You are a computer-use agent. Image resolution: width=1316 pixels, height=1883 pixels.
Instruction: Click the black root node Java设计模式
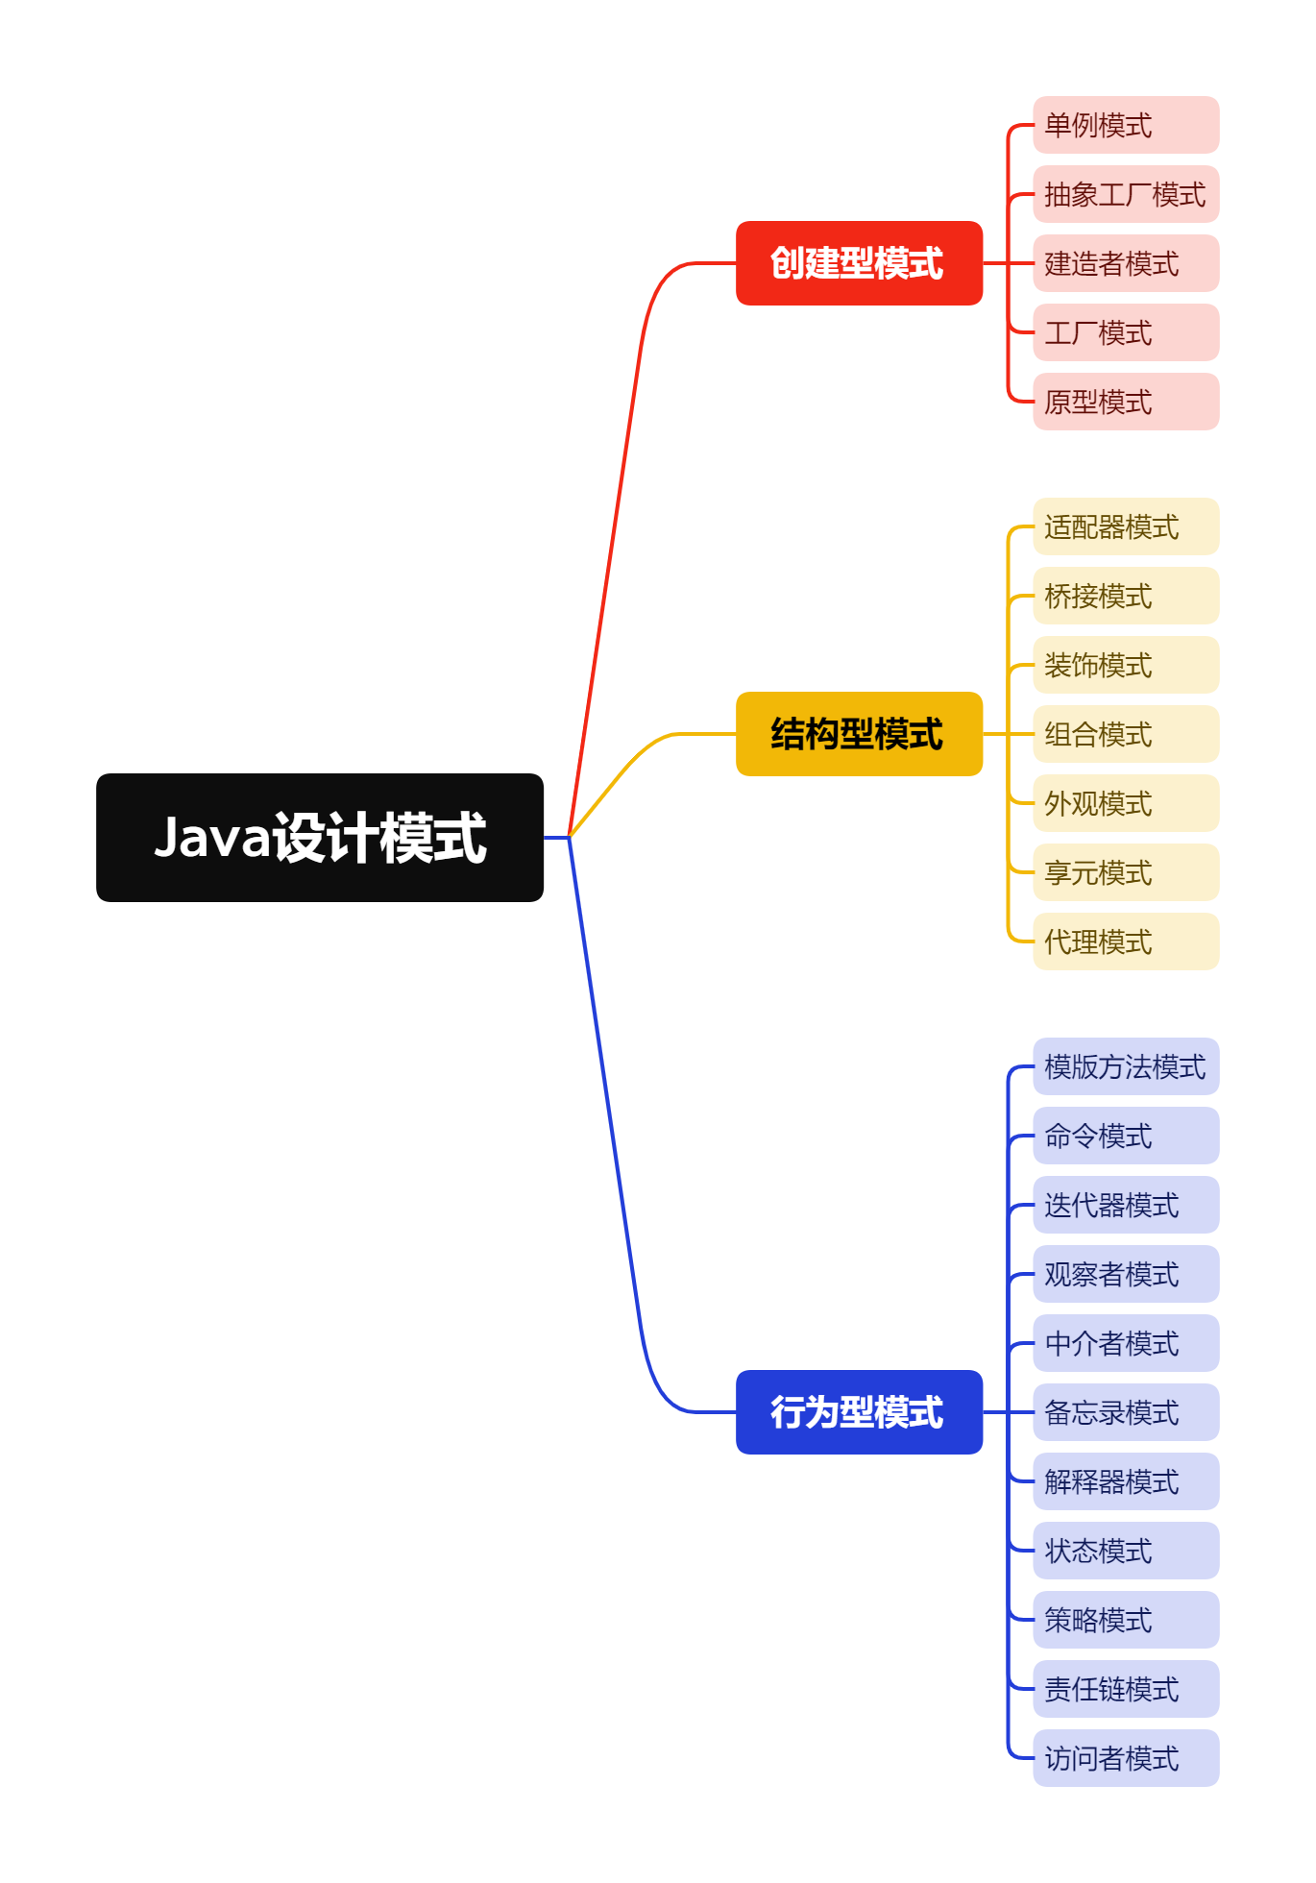click(x=320, y=837)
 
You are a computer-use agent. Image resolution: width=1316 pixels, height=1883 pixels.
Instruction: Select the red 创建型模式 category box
click(x=859, y=263)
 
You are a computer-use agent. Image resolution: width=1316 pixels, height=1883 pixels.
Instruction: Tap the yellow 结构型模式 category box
click(x=859, y=734)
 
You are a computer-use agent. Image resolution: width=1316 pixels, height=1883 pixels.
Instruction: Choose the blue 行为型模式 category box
click(x=859, y=1412)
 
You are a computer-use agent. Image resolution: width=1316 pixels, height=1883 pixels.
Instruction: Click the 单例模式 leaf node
click(x=1126, y=125)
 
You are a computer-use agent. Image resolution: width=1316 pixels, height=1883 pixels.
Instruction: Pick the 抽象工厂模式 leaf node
click(x=1126, y=194)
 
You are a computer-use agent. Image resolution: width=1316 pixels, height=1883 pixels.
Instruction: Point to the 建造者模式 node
click(x=1126, y=263)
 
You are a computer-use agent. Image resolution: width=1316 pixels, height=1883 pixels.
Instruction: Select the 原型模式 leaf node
click(x=1126, y=402)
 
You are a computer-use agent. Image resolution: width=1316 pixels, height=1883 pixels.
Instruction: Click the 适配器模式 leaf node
click(x=1126, y=526)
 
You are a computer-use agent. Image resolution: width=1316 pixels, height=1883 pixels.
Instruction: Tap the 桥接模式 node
click(x=1126, y=596)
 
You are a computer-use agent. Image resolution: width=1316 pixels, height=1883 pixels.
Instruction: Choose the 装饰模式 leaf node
click(x=1126, y=665)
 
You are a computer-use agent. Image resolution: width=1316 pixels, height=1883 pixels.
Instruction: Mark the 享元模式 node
click(x=1126, y=872)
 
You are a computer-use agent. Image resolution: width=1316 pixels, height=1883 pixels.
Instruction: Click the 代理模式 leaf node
click(x=1126, y=941)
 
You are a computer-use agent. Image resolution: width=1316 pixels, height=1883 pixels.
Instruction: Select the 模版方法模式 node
click(x=1126, y=1066)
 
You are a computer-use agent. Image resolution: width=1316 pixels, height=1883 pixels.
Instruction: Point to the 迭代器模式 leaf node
click(x=1126, y=1205)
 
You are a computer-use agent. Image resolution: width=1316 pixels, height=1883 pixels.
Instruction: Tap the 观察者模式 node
click(x=1126, y=1274)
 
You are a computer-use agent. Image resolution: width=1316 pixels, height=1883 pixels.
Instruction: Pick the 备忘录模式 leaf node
click(x=1126, y=1412)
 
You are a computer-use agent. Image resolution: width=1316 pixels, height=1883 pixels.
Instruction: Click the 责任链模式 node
click(x=1126, y=1689)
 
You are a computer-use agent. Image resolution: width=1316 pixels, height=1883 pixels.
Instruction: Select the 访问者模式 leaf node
click(x=1126, y=1758)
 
